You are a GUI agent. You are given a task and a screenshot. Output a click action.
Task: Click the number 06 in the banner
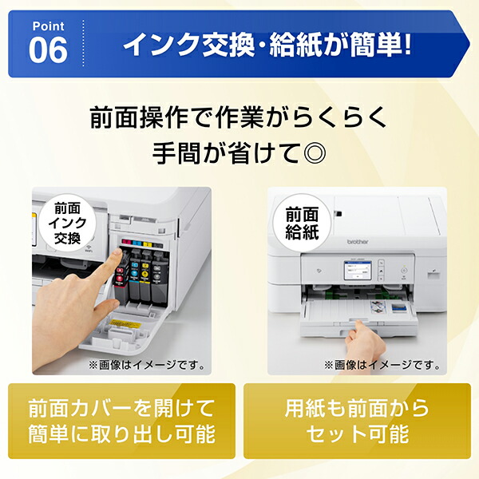[x=49, y=49]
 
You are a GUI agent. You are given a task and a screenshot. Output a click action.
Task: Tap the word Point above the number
[x=48, y=25]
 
